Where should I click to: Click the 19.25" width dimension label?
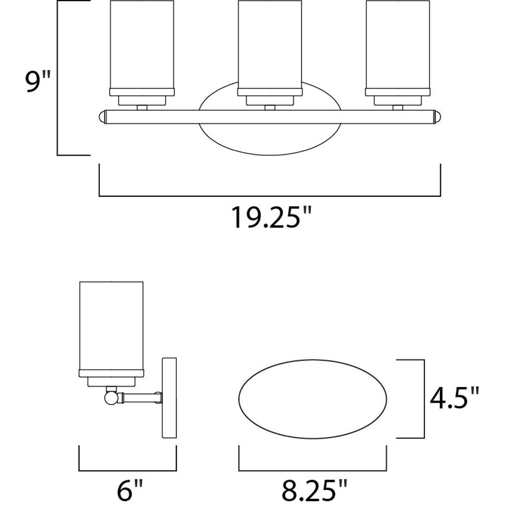click(271, 218)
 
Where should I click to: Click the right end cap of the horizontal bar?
click(438, 117)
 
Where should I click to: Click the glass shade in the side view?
click(111, 326)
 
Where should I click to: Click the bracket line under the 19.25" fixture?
click(270, 196)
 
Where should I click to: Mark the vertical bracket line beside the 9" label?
click(58, 78)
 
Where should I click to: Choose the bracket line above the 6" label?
click(128, 470)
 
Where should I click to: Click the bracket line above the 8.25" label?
click(313, 470)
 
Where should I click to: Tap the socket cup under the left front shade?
click(142, 101)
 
